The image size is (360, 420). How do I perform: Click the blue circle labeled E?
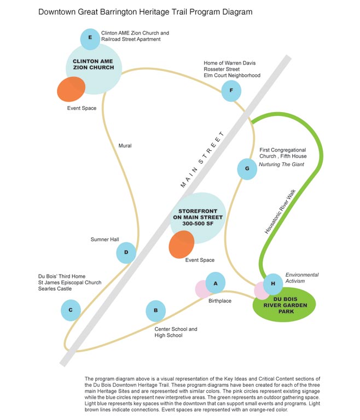90,39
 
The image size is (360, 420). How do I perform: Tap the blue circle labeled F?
231,91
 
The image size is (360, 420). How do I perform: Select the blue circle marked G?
247,169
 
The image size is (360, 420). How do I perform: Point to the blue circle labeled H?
273,284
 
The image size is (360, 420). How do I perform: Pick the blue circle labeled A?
215,283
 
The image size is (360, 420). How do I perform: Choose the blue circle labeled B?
156,311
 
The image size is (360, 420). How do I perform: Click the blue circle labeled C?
71,310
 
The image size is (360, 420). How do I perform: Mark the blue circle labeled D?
126,253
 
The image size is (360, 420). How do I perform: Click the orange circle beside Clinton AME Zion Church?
71,89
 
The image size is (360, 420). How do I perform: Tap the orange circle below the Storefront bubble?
182,244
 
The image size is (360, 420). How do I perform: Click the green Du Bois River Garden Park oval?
284,305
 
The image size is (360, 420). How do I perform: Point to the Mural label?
125,145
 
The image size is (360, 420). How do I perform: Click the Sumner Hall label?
105,240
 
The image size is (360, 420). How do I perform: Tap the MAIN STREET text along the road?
202,160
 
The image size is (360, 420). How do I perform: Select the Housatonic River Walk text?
280,212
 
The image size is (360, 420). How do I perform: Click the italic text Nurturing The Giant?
281,165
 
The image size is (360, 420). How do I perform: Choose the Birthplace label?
220,301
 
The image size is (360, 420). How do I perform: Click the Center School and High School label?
176,332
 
